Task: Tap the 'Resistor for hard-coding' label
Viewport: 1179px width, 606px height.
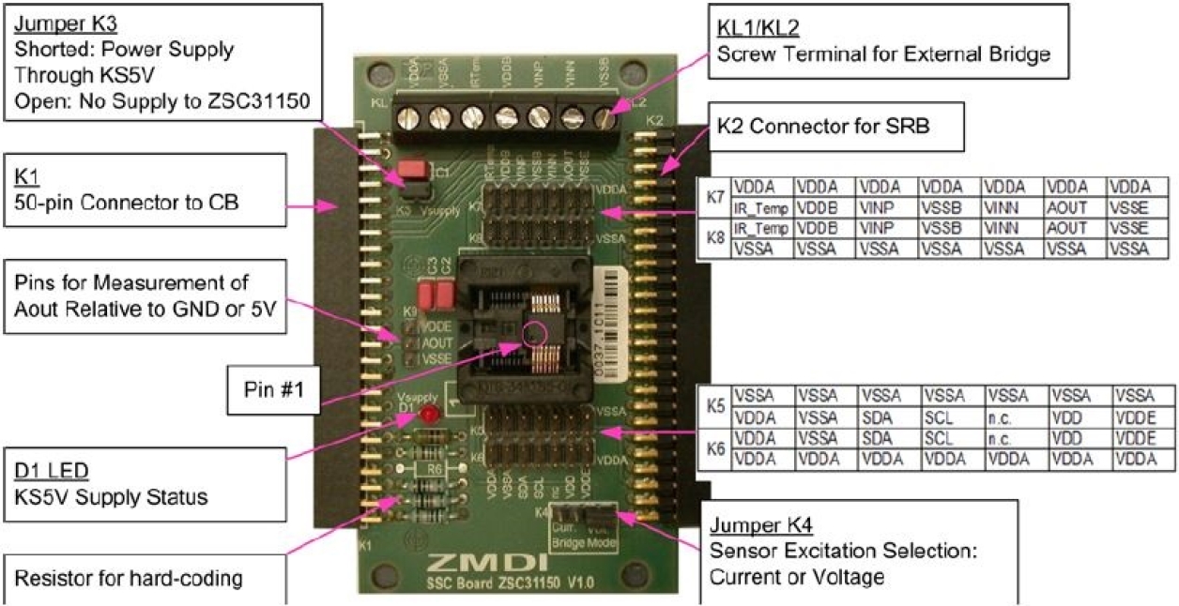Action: [x=129, y=578]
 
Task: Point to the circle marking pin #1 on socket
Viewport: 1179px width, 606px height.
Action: [x=536, y=332]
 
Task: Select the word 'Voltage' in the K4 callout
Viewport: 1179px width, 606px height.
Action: [x=850, y=577]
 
